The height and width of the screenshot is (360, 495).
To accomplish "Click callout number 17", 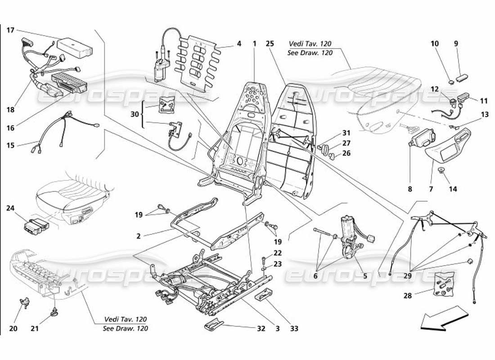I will click(10, 30).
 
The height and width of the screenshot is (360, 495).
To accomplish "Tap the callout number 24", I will click(10, 208).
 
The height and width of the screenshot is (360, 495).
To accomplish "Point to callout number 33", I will click(294, 329).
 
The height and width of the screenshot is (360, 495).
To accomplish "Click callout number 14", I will click(452, 189).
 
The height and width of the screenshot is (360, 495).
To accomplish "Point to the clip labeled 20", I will click(25, 301).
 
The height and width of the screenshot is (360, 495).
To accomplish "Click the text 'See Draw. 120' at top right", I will click(310, 53).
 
